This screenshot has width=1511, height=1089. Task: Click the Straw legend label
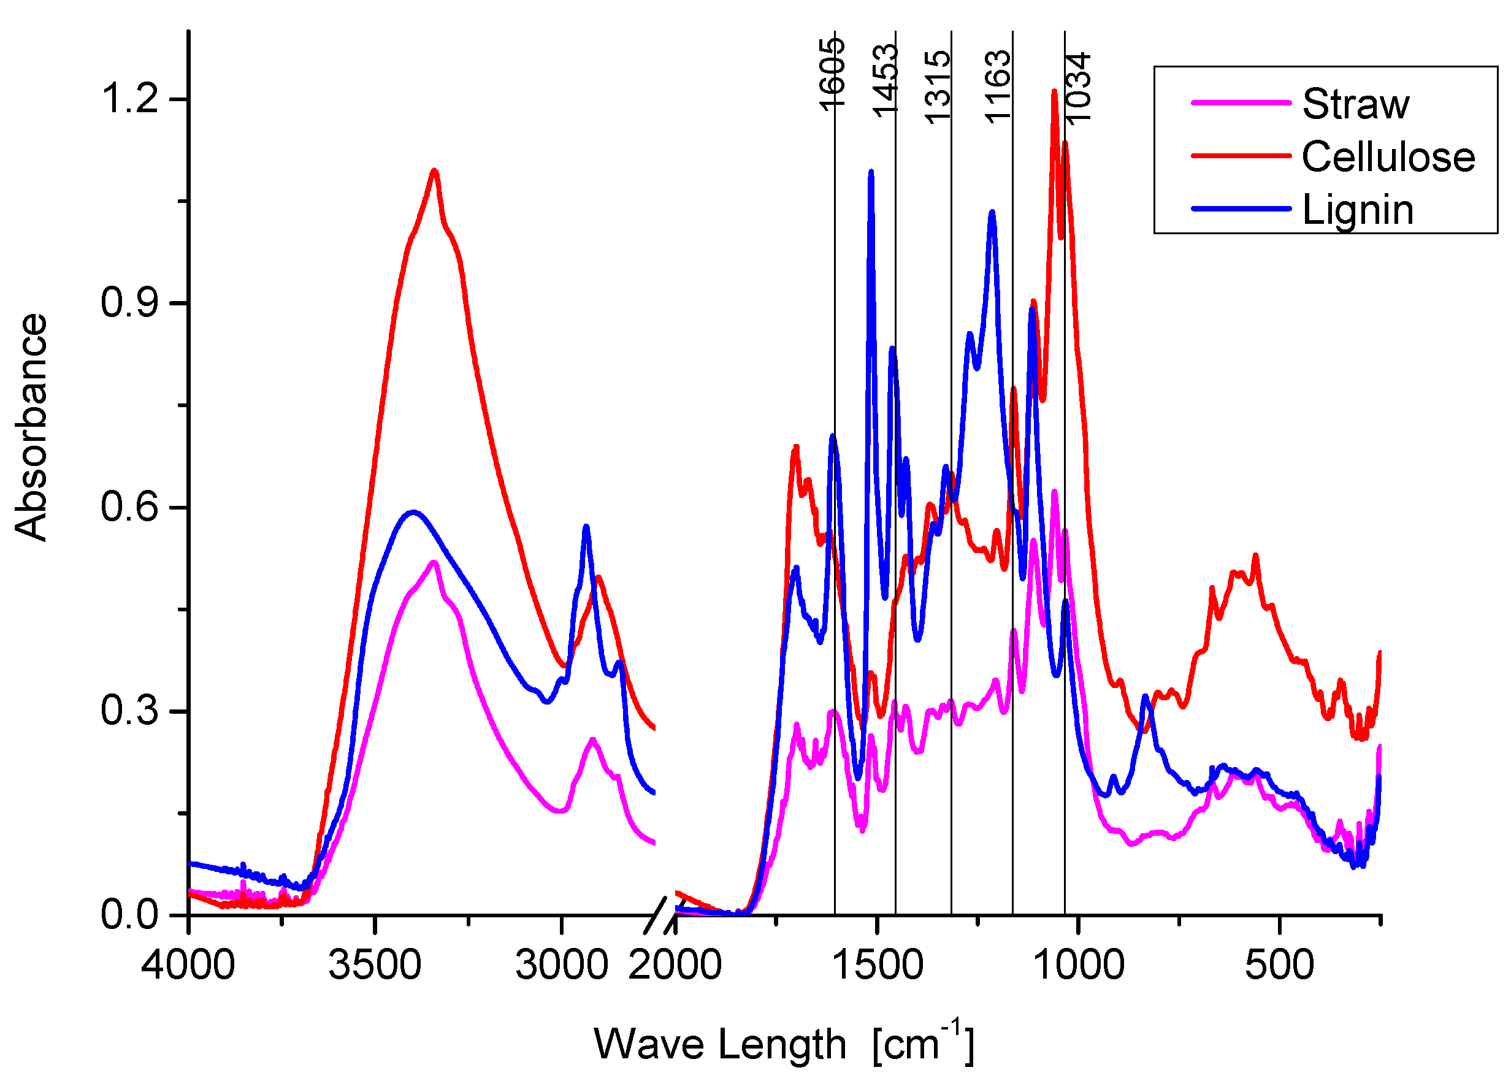[x=1355, y=105]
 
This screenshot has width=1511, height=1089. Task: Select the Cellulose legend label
[x=1388, y=157]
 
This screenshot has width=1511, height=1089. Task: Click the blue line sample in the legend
[x=1241, y=208]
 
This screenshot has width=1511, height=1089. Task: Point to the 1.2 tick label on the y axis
[x=129, y=99]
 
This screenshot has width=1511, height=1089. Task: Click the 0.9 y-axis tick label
[x=129, y=302]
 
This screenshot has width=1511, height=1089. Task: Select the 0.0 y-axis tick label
[x=129, y=914]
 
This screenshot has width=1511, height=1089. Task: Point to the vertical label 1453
[x=886, y=80]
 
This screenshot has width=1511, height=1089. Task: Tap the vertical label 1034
[x=1078, y=88]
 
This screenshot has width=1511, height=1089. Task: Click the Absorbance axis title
[x=31, y=426]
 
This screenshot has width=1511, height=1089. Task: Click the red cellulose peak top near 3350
[x=434, y=171]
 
